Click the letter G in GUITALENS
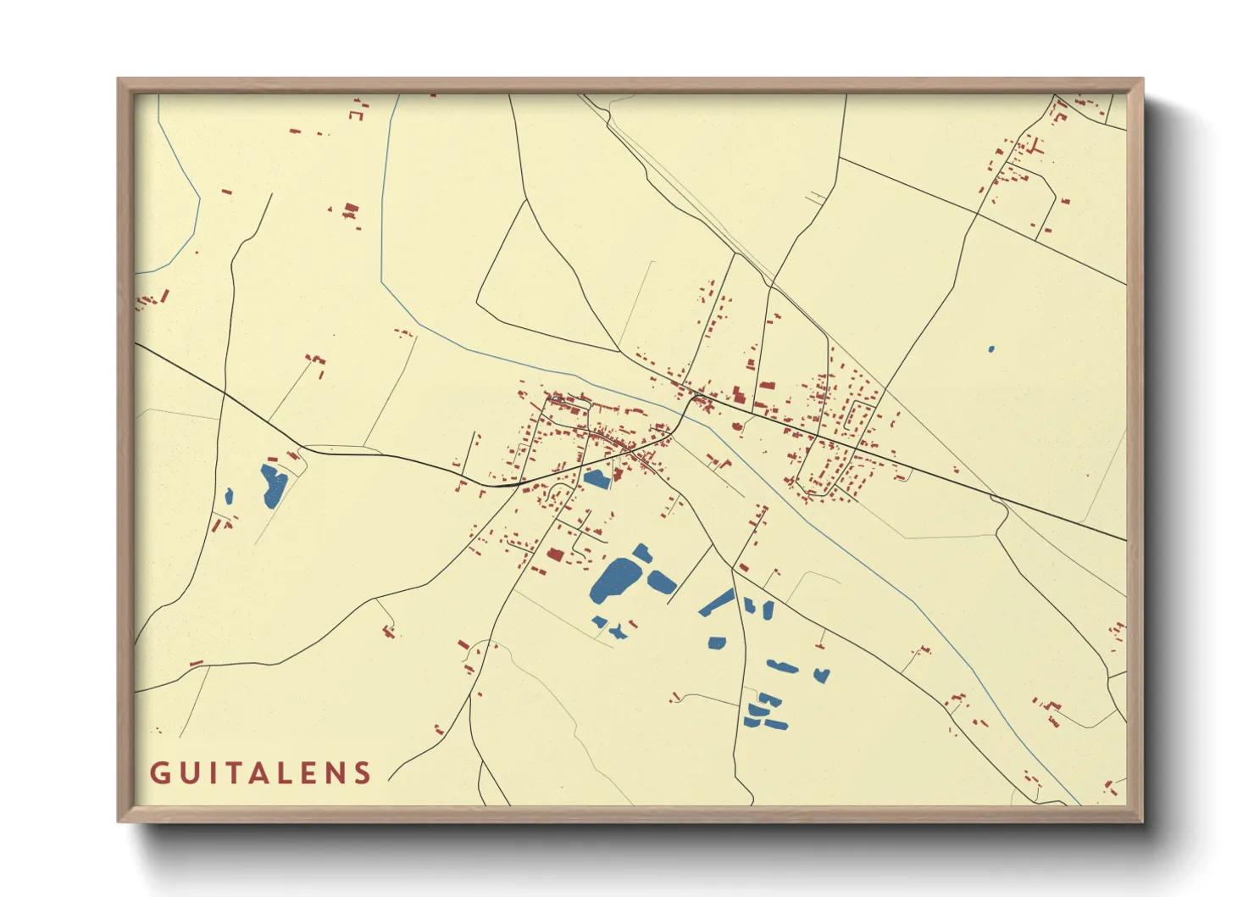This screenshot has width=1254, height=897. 159,773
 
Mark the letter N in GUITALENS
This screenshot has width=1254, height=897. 337,773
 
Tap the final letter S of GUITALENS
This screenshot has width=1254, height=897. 363,773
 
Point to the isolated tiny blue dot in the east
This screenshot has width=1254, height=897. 991,348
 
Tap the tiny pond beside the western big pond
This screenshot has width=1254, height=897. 229,495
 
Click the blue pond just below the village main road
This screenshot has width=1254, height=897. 597,479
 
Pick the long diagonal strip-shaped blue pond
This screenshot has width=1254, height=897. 717,602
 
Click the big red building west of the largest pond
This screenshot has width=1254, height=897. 556,554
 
